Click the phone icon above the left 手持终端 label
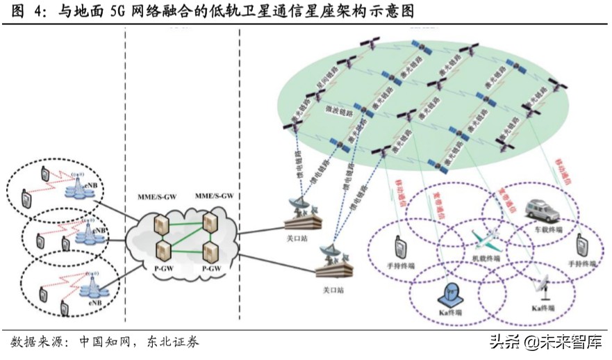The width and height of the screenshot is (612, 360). coord(400,247)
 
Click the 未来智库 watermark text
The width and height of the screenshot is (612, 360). coord(574,342)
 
